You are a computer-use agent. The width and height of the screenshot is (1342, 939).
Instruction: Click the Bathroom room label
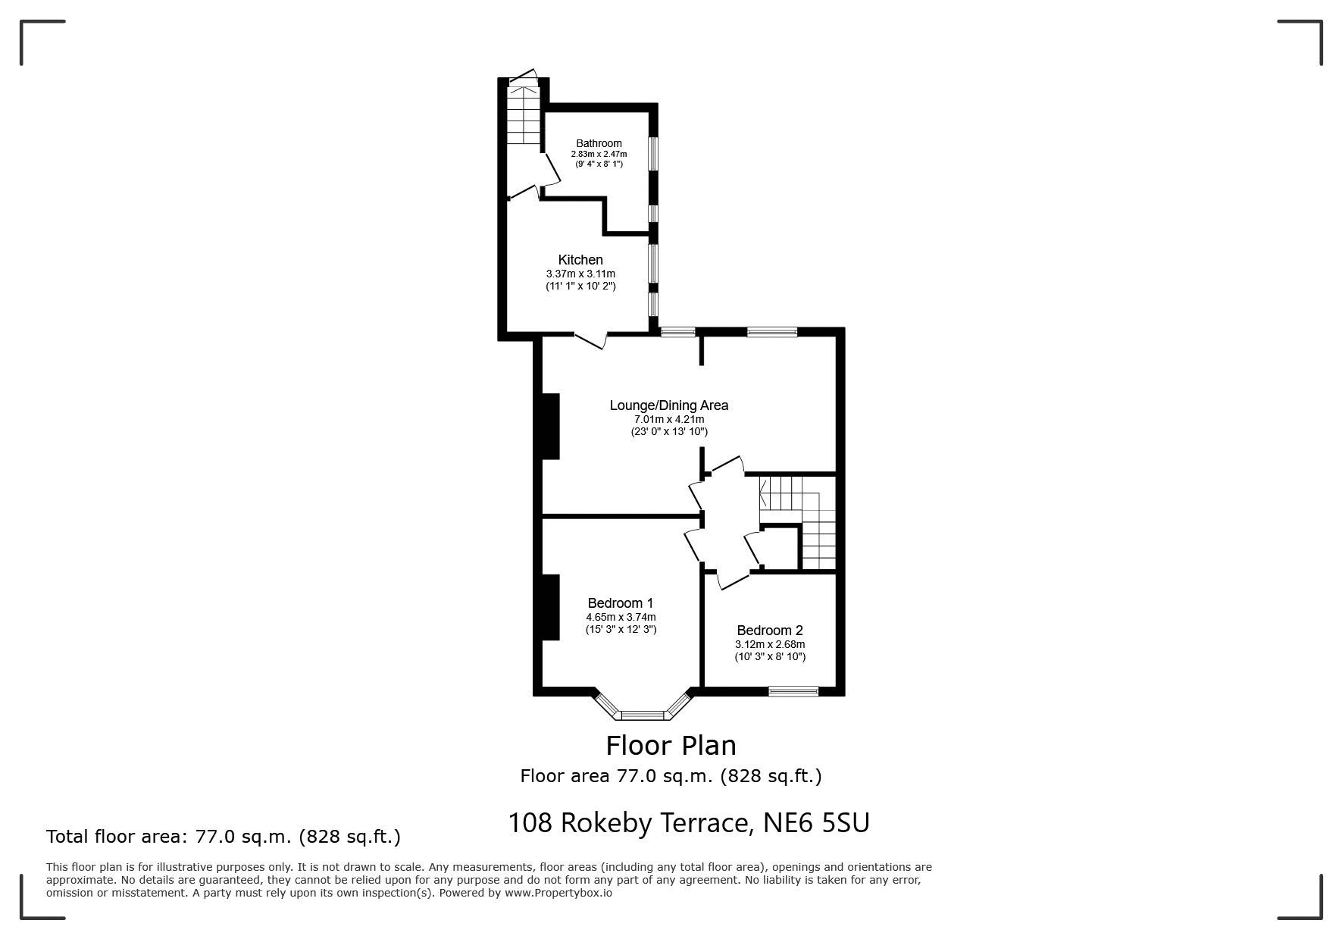pyautogui.click(x=599, y=143)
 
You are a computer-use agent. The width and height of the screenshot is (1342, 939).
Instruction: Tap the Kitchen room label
pyautogui.click(x=580, y=260)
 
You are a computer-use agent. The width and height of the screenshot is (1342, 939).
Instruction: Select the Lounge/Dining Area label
pyautogui.click(x=669, y=405)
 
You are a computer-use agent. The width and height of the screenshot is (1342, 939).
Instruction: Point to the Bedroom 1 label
pyautogui.click(x=621, y=603)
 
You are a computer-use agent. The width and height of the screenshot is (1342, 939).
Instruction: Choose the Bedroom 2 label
pyautogui.click(x=770, y=631)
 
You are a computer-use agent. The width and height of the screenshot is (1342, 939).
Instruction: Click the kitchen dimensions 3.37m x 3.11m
pyautogui.click(x=580, y=274)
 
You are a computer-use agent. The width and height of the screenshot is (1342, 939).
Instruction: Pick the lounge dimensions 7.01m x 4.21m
pyautogui.click(x=669, y=419)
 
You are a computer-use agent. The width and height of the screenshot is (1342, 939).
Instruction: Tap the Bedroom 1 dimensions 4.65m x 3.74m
pyautogui.click(x=621, y=617)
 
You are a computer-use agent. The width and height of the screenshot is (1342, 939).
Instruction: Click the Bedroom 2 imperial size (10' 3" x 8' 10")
pyautogui.click(x=770, y=656)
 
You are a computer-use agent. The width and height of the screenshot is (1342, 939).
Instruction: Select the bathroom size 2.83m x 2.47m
pyautogui.click(x=599, y=154)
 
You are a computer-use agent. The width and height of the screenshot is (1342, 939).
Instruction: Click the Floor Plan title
pyautogui.click(x=671, y=746)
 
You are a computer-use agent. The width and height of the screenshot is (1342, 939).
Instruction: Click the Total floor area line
pyautogui.click(x=224, y=837)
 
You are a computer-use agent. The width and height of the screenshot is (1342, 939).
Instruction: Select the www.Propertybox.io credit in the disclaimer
pyautogui.click(x=558, y=893)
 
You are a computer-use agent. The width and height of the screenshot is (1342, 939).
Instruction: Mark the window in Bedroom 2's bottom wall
pyautogui.click(x=793, y=690)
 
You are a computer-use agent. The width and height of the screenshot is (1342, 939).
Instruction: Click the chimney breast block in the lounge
pyautogui.click(x=551, y=426)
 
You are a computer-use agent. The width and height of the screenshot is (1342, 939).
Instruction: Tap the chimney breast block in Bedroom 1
pyautogui.click(x=551, y=607)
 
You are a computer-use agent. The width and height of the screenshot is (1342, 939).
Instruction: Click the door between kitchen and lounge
pyautogui.click(x=591, y=340)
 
